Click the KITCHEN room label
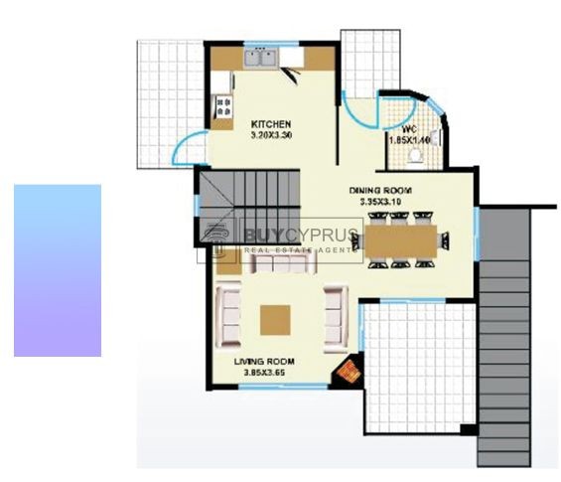tap(271, 123)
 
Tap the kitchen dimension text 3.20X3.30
tap(271, 134)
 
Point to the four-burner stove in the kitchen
tap(221, 105)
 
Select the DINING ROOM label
tap(379, 190)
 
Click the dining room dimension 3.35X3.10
tap(379, 202)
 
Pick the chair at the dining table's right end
tap(443, 241)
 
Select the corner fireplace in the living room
tap(348, 373)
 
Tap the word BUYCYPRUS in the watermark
tap(289, 237)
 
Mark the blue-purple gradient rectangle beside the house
tap(58, 269)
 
